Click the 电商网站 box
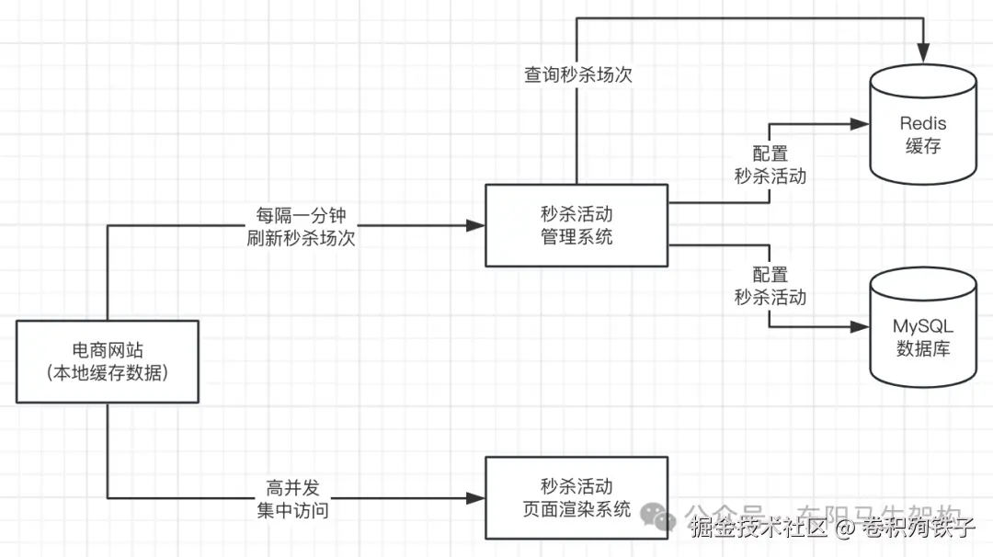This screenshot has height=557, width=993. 108,361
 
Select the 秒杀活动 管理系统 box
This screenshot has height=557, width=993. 576,225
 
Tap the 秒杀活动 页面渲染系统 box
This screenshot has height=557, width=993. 576,497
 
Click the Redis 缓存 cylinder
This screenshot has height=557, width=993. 923,129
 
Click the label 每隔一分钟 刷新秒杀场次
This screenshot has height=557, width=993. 301,225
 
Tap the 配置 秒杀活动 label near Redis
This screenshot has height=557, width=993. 770,165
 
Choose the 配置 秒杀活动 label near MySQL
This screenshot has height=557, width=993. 770,285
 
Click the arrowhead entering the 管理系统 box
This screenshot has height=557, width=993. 476,225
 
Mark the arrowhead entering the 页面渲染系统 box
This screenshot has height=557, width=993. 476,497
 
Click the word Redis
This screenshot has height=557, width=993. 923,123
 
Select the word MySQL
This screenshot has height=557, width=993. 923,326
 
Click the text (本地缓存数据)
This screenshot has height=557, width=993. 108,373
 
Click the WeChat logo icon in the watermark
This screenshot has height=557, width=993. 659,515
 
